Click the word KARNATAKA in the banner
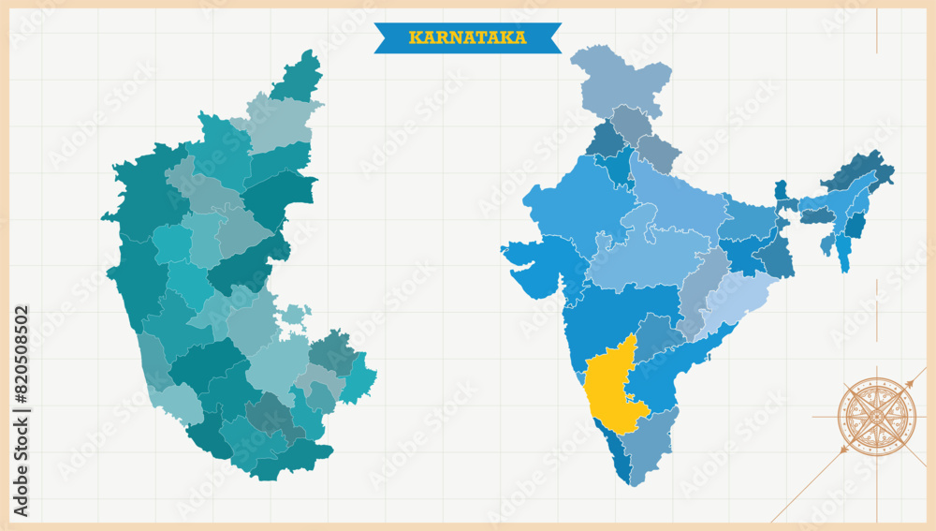pos(467,37)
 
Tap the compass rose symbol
pos(876,416)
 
